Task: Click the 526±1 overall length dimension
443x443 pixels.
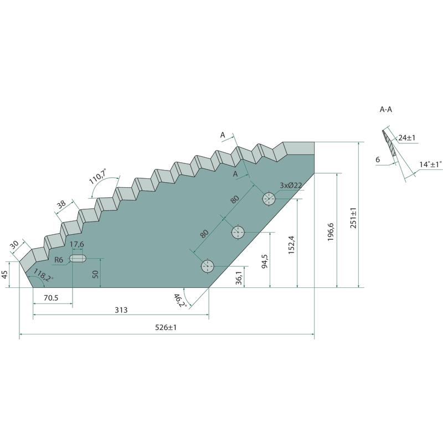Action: pyautogui.click(x=166, y=327)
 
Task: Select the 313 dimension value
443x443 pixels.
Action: pyautogui.click(x=121, y=310)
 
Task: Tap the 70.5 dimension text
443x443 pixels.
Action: pyautogui.click(x=51, y=298)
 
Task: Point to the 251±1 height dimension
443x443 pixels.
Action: pyautogui.click(x=353, y=218)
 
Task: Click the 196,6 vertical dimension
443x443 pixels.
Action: pyautogui.click(x=331, y=232)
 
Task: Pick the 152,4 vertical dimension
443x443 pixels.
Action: pyautogui.click(x=291, y=245)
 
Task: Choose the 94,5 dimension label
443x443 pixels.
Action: pyautogui.click(x=265, y=261)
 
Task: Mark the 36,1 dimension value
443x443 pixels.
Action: pyautogui.click(x=239, y=278)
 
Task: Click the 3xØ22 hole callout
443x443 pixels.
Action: pyautogui.click(x=291, y=186)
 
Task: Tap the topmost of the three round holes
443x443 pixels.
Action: pyautogui.click(x=269, y=199)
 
